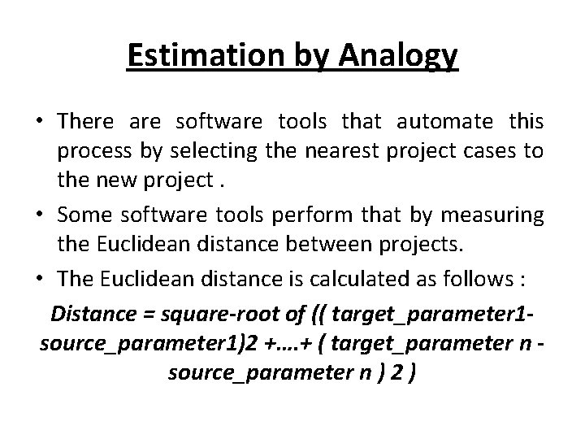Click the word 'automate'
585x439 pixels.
444,121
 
